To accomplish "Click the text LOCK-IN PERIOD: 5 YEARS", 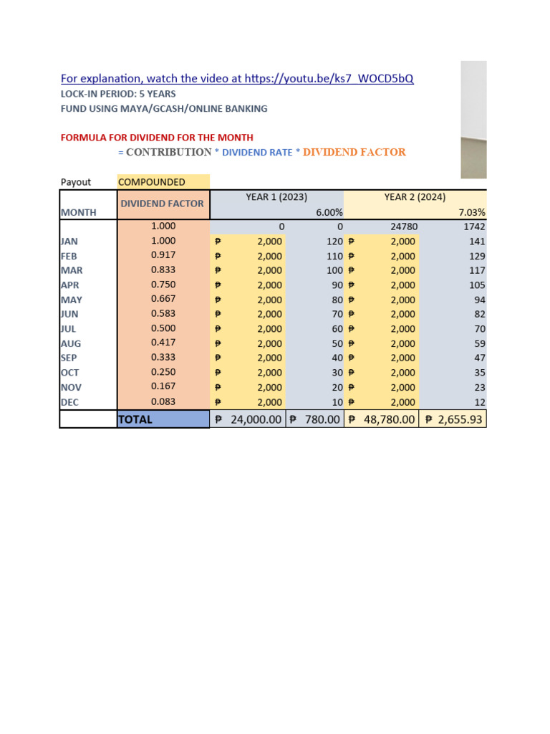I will [x=118, y=94].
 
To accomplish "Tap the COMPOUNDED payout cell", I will [x=152, y=182].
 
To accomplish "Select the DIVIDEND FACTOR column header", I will [x=162, y=204].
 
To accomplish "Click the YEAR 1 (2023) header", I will [x=276, y=196].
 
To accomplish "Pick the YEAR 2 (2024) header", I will [x=415, y=196].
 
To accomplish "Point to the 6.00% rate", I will [x=329, y=212].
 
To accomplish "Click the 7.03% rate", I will [x=472, y=212].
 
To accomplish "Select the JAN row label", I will [x=69, y=242].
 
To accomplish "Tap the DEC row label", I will [x=69, y=402].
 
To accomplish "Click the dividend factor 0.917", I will [x=163, y=255].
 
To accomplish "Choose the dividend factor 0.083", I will [x=163, y=402].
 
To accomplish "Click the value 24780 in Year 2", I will [x=404, y=227].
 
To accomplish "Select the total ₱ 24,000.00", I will [x=247, y=419].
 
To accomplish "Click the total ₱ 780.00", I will [x=315, y=419].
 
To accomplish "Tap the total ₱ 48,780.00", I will [x=382, y=419].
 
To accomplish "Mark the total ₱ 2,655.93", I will [x=453, y=419].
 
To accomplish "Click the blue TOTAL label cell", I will [x=163, y=419].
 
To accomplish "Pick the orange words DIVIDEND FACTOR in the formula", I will [x=354, y=152].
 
